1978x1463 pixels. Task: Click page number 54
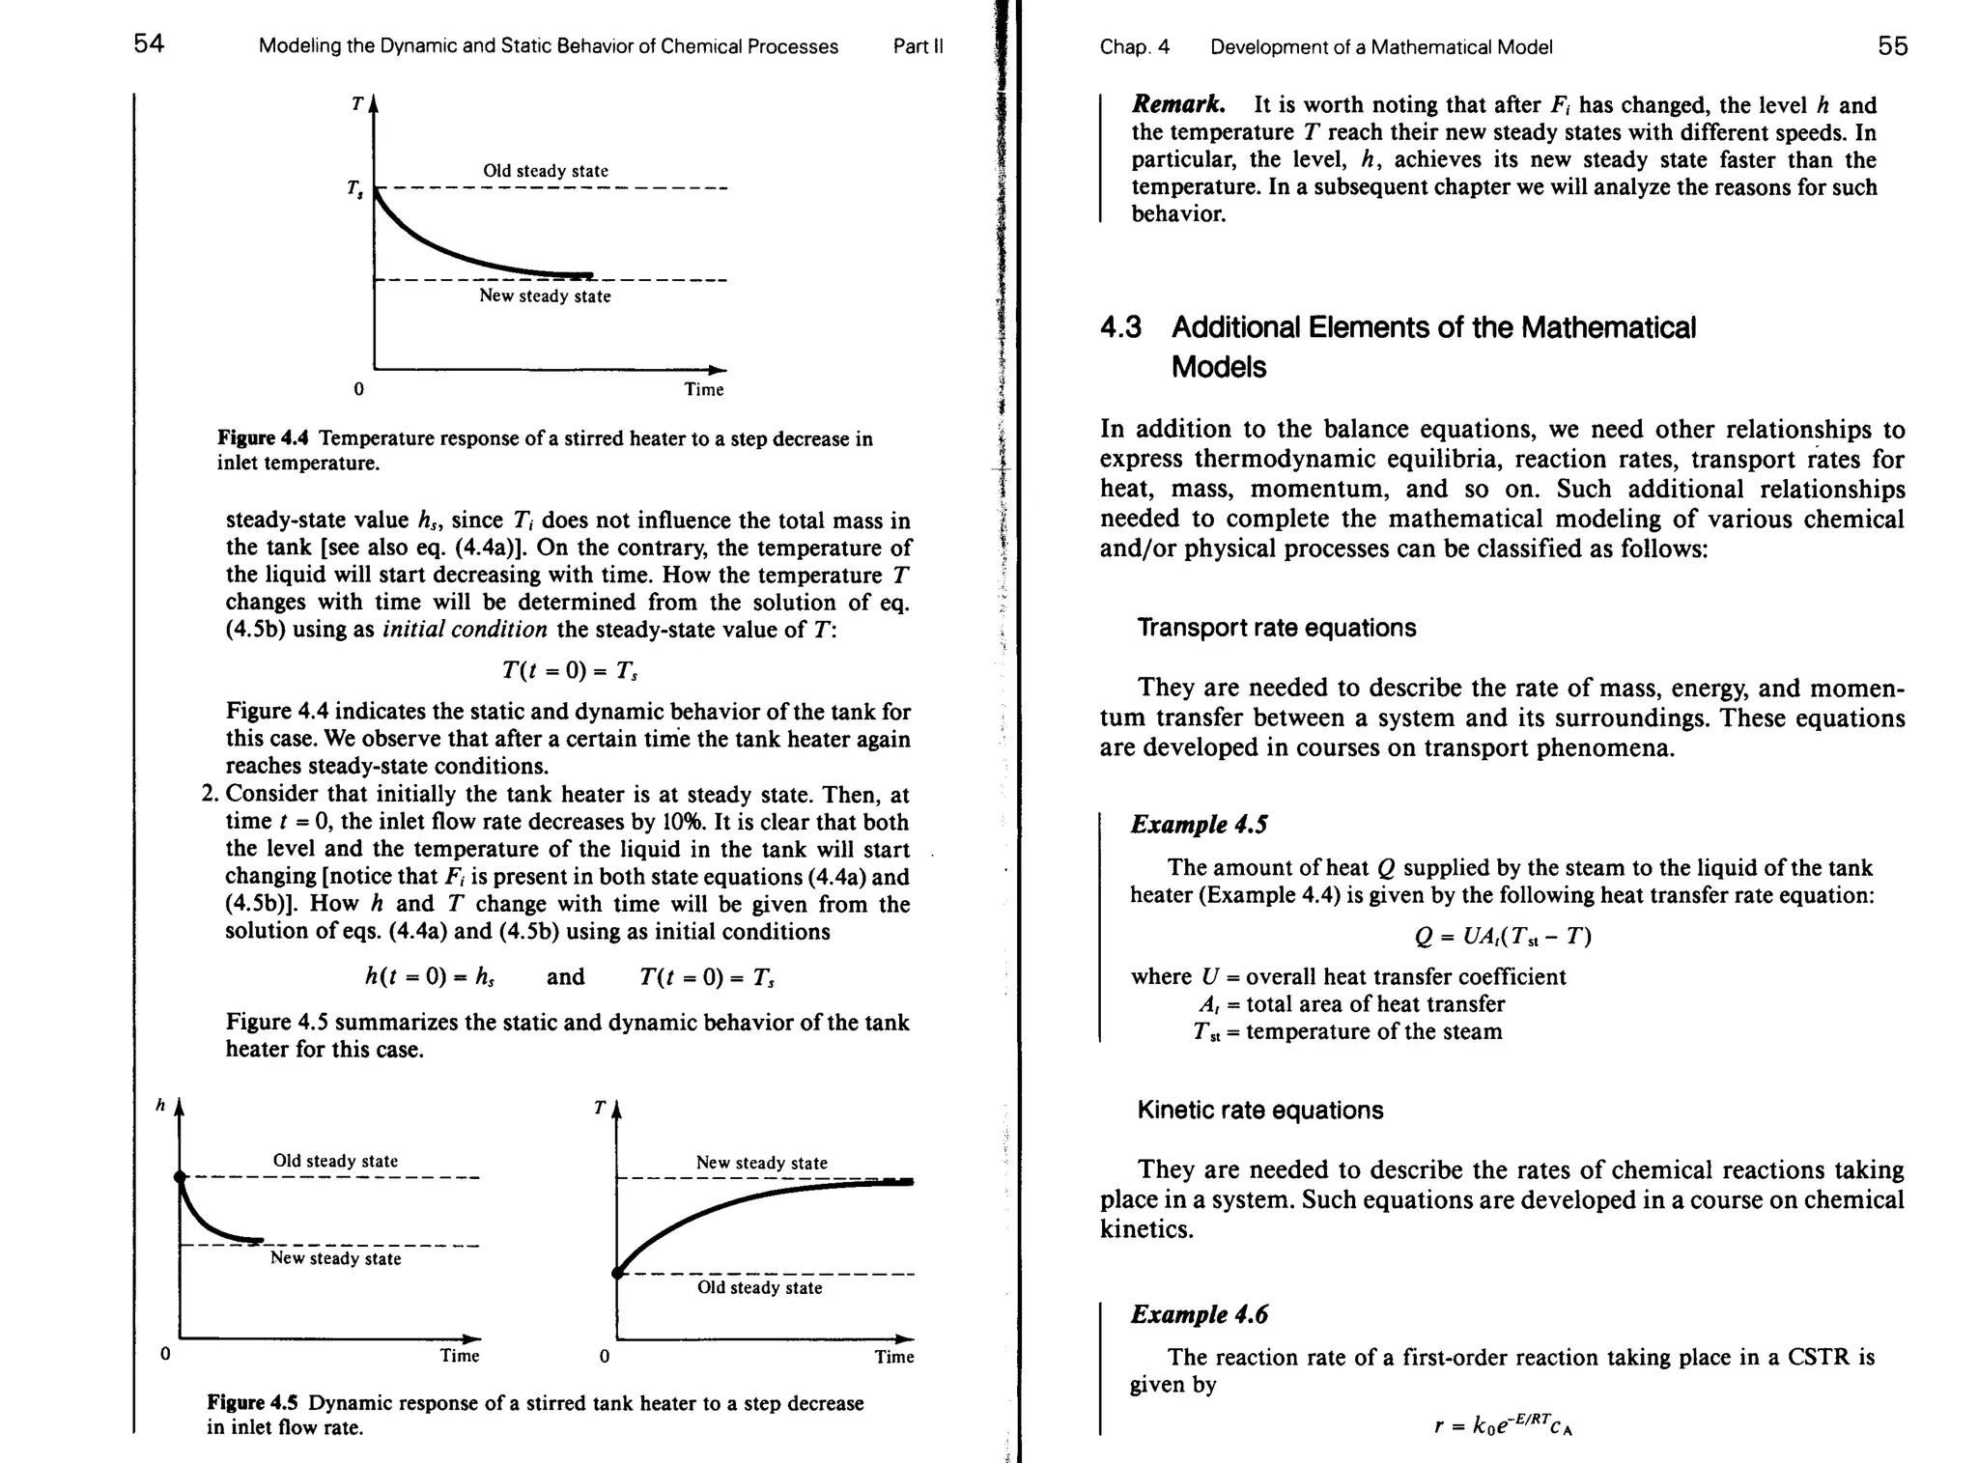pyautogui.click(x=149, y=44)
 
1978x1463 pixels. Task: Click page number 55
pyautogui.click(x=1892, y=46)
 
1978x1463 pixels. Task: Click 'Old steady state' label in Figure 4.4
pyautogui.click(x=545, y=171)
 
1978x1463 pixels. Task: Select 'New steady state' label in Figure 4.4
pyautogui.click(x=545, y=296)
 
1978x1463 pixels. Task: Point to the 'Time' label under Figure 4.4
pyautogui.click(x=703, y=389)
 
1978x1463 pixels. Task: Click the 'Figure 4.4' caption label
pyautogui.click(x=263, y=438)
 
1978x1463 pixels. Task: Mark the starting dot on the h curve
pyautogui.click(x=179, y=1176)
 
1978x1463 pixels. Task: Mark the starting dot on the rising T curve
pyautogui.click(x=617, y=1273)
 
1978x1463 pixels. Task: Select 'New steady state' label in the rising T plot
pyautogui.click(x=761, y=1163)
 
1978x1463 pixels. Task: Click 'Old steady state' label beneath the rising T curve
pyautogui.click(x=759, y=1287)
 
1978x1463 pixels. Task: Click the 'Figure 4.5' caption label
pyautogui.click(x=253, y=1402)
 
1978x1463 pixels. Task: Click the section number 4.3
pyautogui.click(x=1120, y=327)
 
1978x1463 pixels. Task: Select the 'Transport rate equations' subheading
pyautogui.click(x=1276, y=628)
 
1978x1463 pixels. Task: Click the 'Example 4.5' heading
pyautogui.click(x=1199, y=824)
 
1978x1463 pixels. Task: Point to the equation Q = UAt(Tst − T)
pyautogui.click(x=1502, y=936)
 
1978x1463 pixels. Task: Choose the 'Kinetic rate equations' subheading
pyautogui.click(x=1259, y=1110)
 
